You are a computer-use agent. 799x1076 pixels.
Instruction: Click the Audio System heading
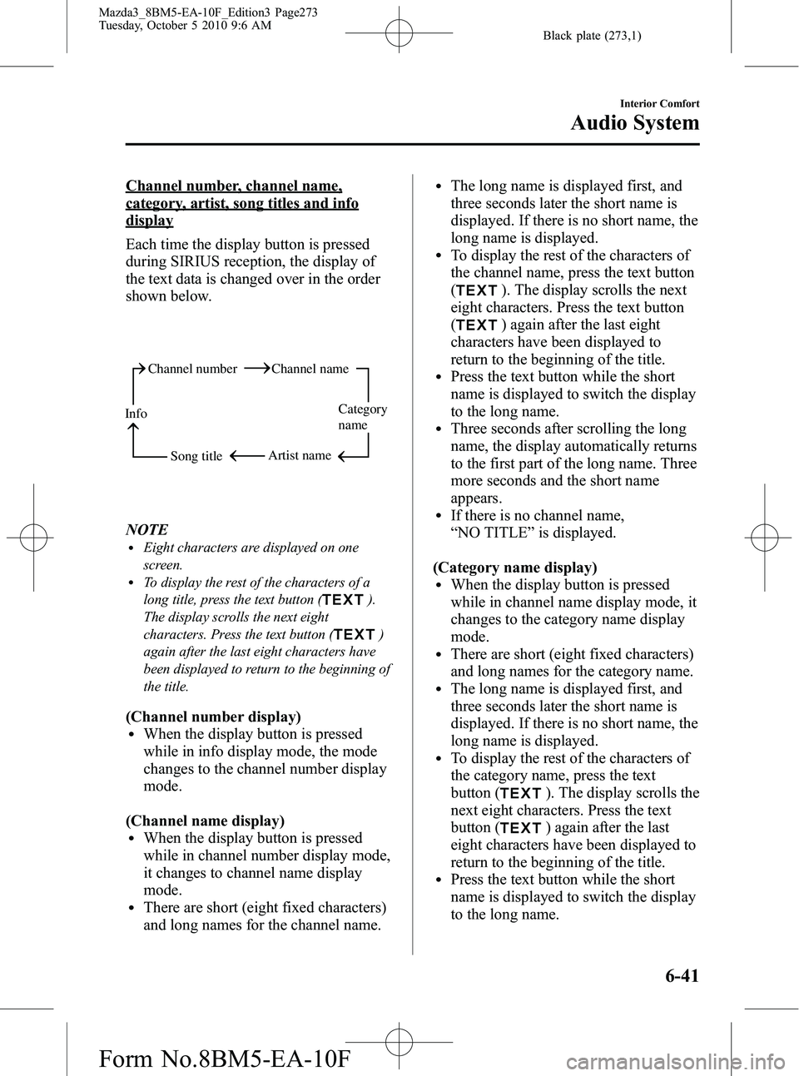(x=634, y=123)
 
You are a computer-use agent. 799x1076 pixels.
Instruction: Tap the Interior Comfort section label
(x=659, y=104)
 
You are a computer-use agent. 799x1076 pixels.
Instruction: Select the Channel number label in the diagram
(x=192, y=369)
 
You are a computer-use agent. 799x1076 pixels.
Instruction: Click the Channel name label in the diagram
(x=310, y=369)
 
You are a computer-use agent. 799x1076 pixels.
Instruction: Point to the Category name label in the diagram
(x=362, y=417)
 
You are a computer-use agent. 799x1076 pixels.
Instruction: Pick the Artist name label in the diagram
(x=300, y=455)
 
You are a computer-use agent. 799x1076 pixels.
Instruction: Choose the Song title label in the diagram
(x=196, y=456)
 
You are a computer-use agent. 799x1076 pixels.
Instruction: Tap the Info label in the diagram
(x=136, y=414)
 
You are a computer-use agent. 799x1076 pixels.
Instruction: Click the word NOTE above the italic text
(x=146, y=529)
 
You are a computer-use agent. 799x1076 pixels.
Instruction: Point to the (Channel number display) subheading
(x=213, y=717)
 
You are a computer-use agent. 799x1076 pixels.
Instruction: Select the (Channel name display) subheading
(x=205, y=821)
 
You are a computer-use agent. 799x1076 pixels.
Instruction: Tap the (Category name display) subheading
(x=515, y=568)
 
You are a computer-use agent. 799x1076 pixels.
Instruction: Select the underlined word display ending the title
(x=150, y=221)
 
